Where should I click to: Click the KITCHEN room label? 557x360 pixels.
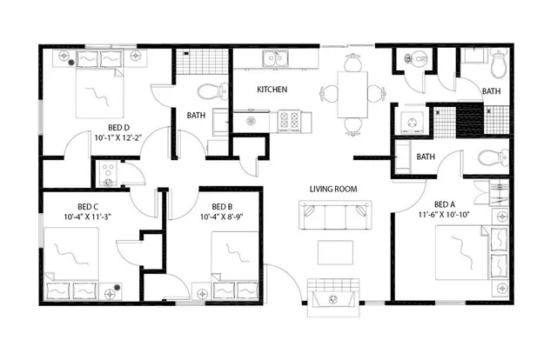(272, 90)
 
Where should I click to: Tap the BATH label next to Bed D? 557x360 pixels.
(196, 115)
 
